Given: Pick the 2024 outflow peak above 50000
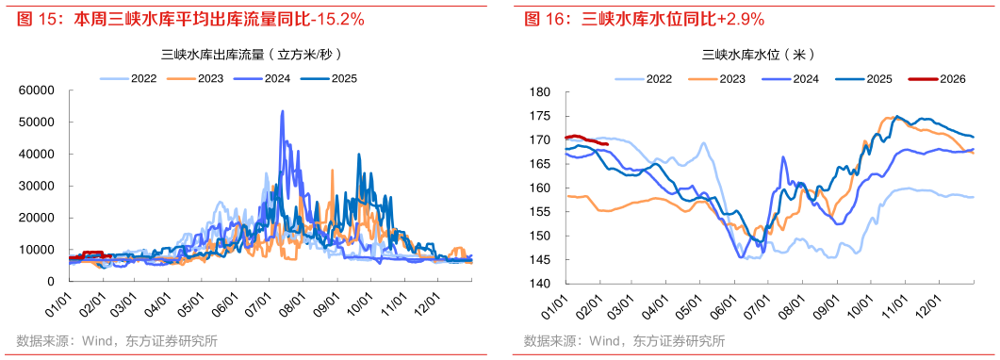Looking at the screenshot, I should point(282,112).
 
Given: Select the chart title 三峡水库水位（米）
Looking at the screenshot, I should point(758,54).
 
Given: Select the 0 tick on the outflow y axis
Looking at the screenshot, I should point(49,282).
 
